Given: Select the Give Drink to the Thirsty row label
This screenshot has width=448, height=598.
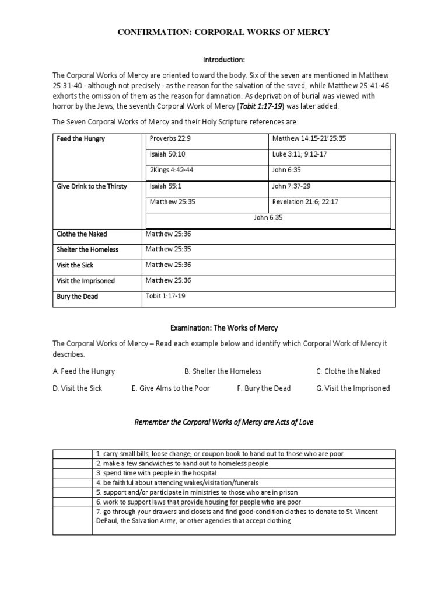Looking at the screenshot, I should click(92, 186).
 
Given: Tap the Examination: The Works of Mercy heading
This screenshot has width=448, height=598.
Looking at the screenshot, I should click(224, 328).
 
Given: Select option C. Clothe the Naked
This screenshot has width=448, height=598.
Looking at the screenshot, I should click(348, 371).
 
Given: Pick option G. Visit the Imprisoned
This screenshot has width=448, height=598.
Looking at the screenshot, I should click(353, 388).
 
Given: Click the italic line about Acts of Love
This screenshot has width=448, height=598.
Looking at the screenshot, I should click(224, 422).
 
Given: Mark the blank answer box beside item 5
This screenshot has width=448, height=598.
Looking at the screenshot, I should click(72, 492).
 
